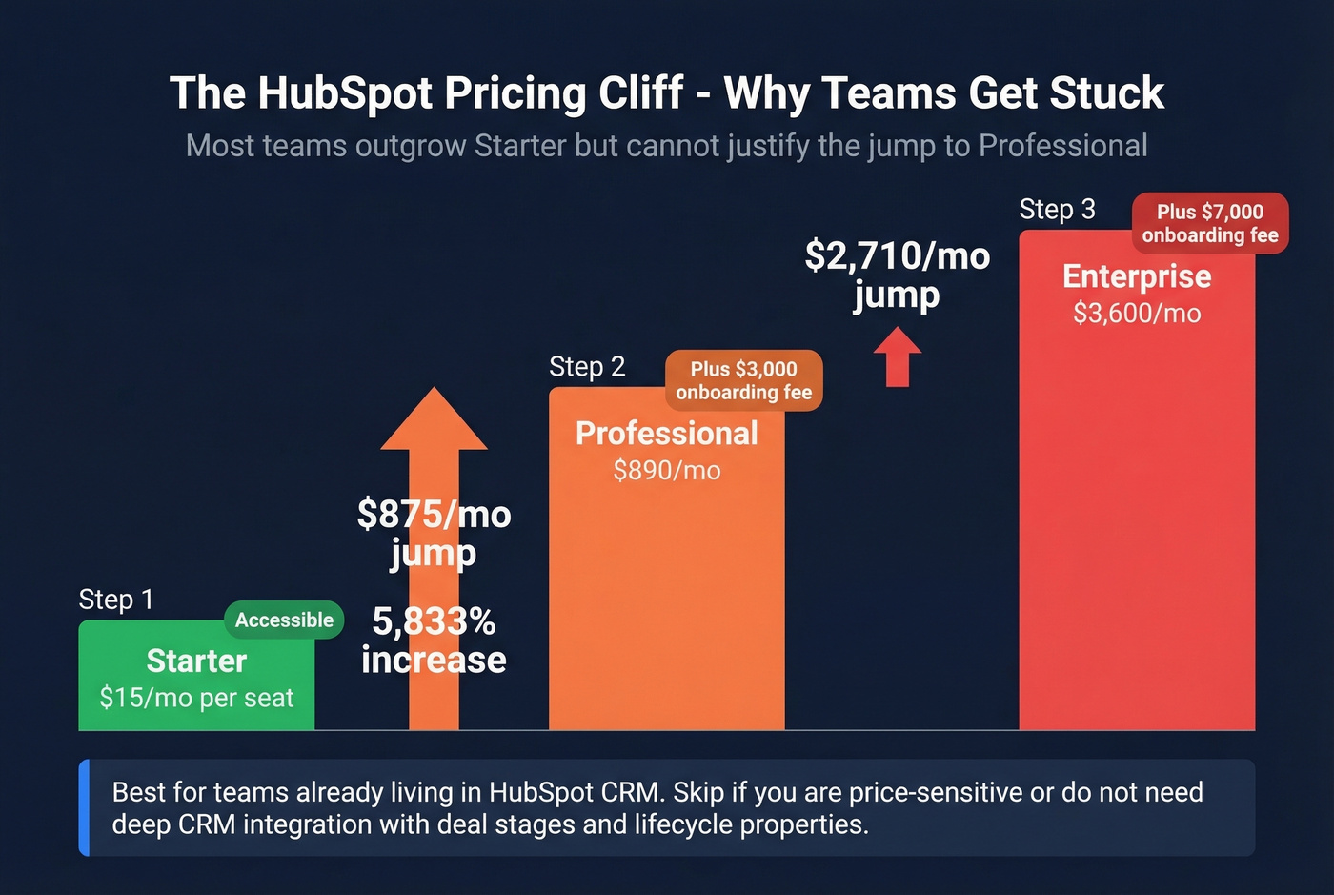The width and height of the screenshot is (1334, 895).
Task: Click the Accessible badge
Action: pyautogui.click(x=284, y=620)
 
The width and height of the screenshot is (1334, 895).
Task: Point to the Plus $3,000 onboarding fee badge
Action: pyautogui.click(x=743, y=380)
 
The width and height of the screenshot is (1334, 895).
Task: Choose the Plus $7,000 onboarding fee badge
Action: pyautogui.click(x=1210, y=223)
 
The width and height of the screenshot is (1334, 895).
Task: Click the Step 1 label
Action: pyautogui.click(x=115, y=600)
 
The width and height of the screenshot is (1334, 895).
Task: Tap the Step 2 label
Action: pyautogui.click(x=587, y=367)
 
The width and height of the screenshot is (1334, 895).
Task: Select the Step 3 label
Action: pyautogui.click(x=1057, y=210)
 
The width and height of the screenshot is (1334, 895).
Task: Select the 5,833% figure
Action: pyautogui.click(x=434, y=621)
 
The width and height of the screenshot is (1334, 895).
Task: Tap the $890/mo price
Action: pyautogui.click(x=666, y=470)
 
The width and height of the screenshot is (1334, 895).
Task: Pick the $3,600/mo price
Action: pyautogui.click(x=1136, y=313)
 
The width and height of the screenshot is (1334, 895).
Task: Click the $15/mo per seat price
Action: pyautogui.click(x=196, y=698)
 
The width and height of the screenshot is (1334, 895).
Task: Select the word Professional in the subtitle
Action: pyautogui.click(x=1062, y=146)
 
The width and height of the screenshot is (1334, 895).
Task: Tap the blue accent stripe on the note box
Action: pyautogui.click(x=84, y=807)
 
